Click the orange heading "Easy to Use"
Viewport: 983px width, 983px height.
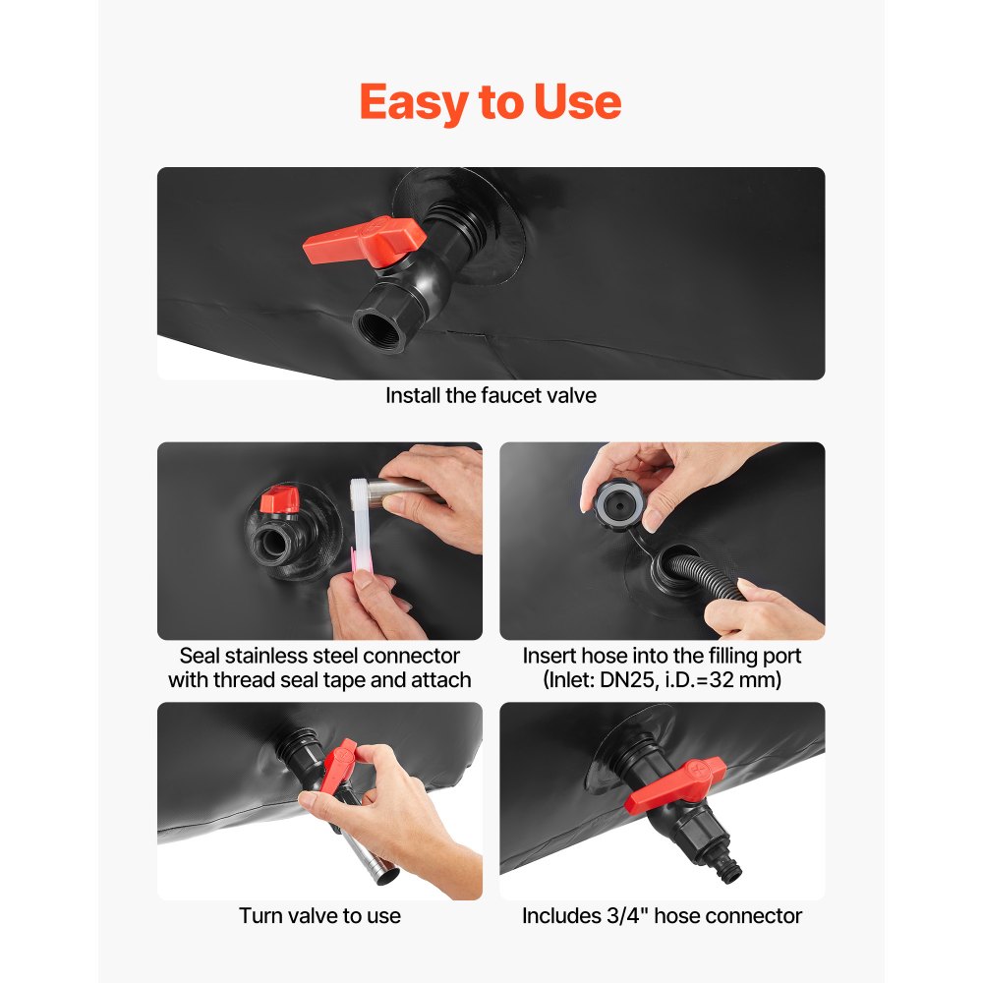[491, 102]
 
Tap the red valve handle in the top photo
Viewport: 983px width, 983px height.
[365, 241]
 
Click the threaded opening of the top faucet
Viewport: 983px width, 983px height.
[378, 328]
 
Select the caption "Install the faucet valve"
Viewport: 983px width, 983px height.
[491, 395]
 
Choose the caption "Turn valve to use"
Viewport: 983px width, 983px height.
[319, 916]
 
